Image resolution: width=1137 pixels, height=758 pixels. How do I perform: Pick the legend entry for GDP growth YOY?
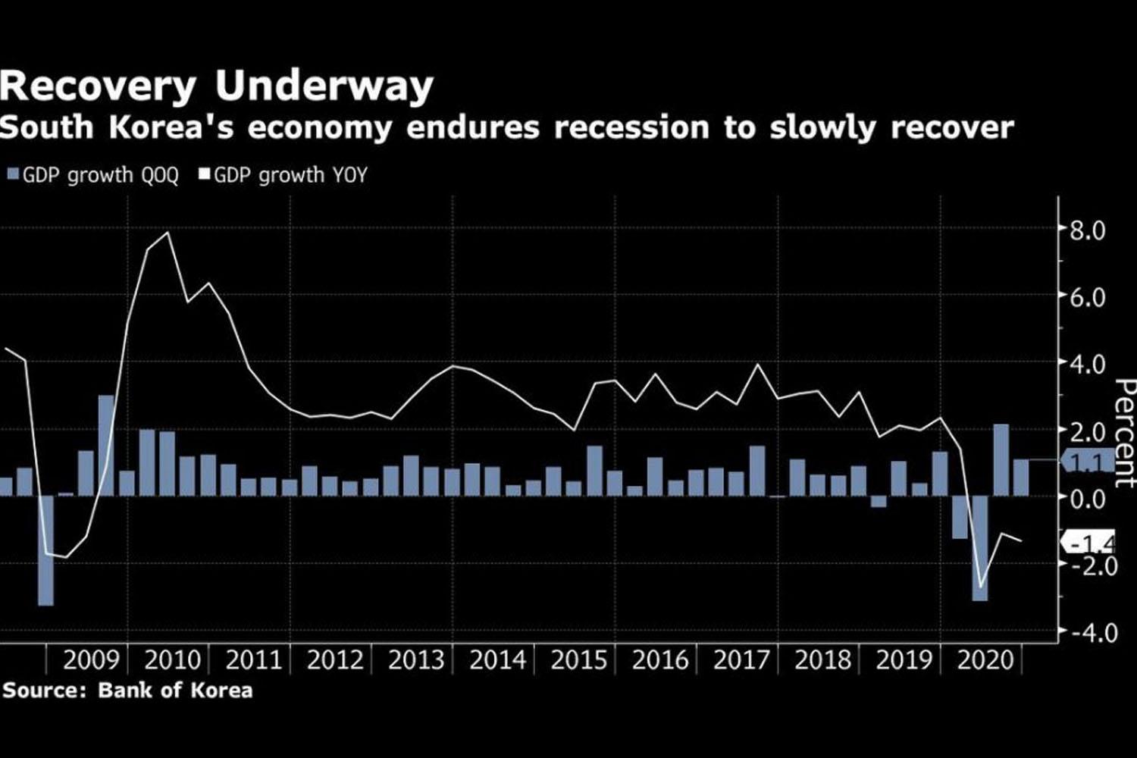coord(283,176)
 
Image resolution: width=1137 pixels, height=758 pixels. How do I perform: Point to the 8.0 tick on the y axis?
coord(1087,230)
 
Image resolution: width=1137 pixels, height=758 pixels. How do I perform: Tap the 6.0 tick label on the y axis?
coord(1087,297)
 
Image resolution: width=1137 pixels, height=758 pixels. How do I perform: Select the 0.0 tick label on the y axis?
coord(1087,499)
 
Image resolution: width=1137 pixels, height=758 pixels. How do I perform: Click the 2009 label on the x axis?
coord(91,660)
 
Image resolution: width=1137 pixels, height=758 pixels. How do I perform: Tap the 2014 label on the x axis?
coord(497,660)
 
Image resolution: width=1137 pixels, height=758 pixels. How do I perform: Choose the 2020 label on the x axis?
coord(985,660)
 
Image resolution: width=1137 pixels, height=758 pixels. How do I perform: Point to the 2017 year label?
coord(741,660)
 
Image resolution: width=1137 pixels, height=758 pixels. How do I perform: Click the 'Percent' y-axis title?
coord(1125,434)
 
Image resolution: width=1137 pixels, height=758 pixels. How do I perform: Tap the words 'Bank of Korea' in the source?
coord(175,691)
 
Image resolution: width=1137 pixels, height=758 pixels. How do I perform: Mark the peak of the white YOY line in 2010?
coord(168,233)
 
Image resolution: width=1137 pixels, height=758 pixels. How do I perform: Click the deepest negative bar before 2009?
coord(45,550)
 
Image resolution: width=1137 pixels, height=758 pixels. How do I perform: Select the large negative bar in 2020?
coord(979,548)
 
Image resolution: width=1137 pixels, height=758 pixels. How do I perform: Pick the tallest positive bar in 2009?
coord(106,445)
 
